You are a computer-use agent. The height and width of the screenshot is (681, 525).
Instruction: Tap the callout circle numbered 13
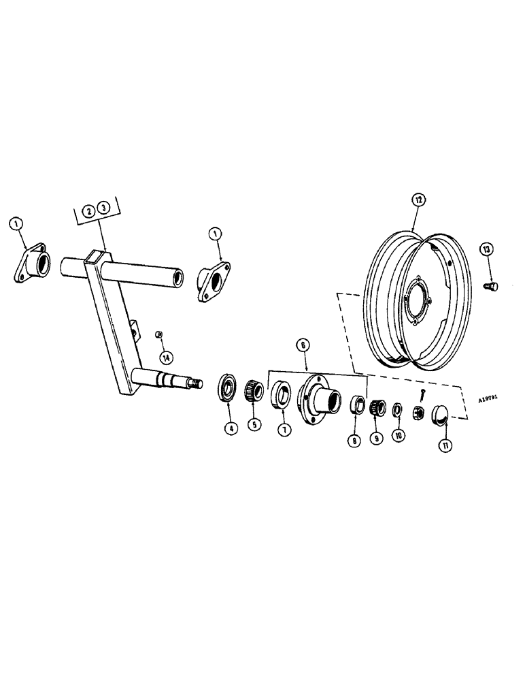[485, 250]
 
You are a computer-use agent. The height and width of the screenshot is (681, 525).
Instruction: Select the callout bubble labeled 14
[166, 358]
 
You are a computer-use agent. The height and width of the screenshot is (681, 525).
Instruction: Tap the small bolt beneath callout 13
[490, 286]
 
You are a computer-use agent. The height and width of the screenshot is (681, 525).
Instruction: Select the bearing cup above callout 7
[280, 395]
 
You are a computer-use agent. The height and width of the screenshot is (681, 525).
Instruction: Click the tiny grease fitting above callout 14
[158, 334]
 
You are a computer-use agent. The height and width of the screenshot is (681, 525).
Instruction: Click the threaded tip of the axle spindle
[198, 384]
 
